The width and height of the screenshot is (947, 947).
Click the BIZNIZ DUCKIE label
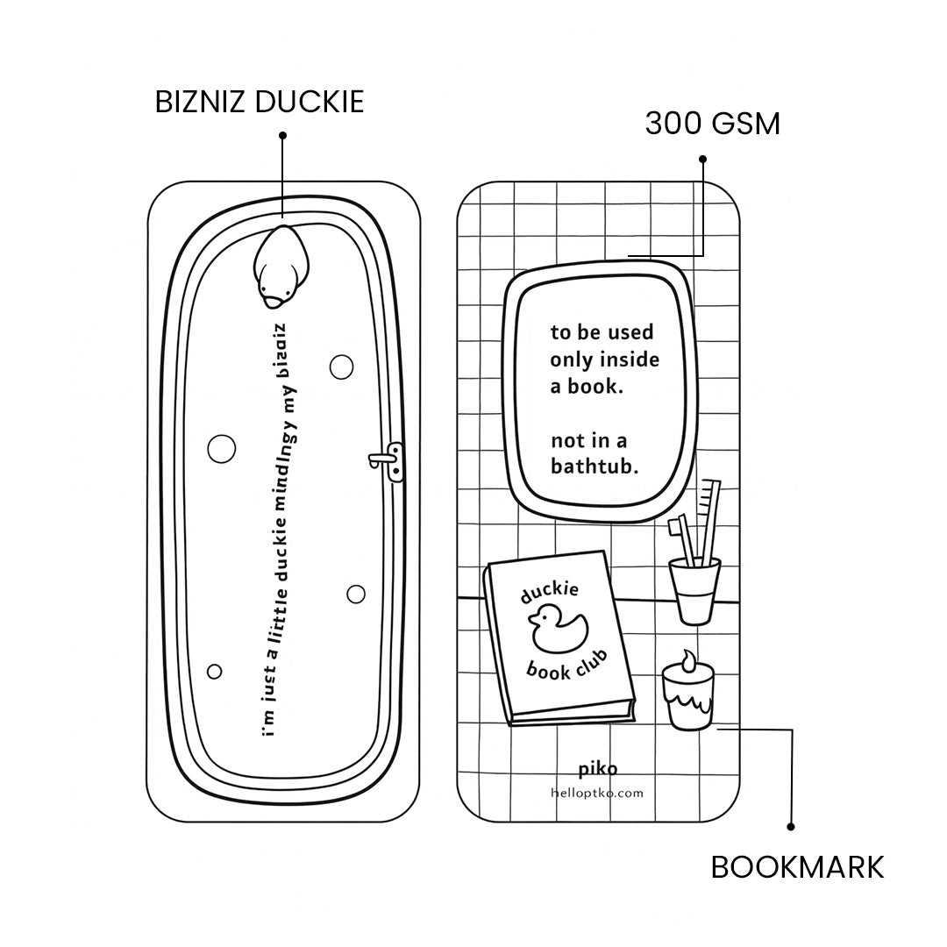(259, 102)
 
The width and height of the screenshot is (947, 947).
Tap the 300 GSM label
(712, 124)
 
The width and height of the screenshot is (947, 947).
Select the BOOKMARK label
(797, 867)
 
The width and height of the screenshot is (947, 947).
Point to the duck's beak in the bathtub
(274, 301)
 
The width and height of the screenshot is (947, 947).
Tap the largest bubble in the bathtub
(221, 448)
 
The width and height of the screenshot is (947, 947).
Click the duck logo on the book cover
(557, 630)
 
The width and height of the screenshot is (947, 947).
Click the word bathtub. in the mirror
(594, 466)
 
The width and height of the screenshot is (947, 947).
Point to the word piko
(597, 770)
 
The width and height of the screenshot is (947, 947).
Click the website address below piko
(597, 793)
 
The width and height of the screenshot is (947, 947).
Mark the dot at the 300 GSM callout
(702, 159)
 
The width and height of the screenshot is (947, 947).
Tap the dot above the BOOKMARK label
(791, 825)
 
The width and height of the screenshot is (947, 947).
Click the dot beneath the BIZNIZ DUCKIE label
(282, 135)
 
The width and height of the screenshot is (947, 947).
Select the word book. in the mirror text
(598, 387)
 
